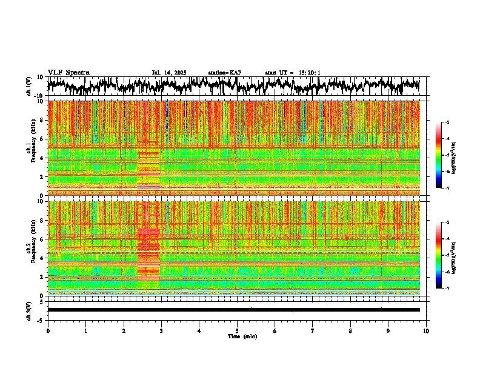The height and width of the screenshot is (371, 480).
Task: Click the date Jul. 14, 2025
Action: pos(168,73)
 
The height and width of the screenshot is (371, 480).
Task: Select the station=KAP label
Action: pos(224,73)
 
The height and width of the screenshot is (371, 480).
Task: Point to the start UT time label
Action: pos(292,73)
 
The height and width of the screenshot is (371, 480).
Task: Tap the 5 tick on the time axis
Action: pos(237,331)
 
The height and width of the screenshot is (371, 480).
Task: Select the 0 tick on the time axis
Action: pos(48,331)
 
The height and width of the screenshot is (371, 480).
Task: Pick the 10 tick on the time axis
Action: pos(426,331)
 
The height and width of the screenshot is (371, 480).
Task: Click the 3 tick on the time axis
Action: pos(161,331)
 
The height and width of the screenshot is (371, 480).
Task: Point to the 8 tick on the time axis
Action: pos(350,331)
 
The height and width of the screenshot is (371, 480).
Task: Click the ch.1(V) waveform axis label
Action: pos(28,86)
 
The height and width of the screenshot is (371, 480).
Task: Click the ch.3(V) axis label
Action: pos(28,310)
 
